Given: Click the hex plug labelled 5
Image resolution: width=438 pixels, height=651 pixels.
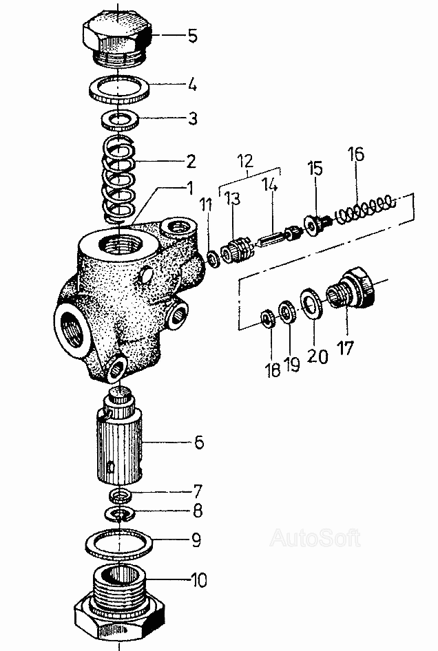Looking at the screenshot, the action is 118,39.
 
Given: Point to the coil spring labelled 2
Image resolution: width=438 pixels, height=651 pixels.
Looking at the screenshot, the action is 119,178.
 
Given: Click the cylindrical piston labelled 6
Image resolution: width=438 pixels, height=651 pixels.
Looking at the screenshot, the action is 120,440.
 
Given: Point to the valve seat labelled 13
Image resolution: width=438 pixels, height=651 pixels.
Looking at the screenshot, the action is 234,250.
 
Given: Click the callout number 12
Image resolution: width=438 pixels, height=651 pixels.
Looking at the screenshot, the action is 246,160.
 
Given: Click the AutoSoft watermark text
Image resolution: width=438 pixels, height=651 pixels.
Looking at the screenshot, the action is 315,539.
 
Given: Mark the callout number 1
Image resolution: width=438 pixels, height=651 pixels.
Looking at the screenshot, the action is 190,189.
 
